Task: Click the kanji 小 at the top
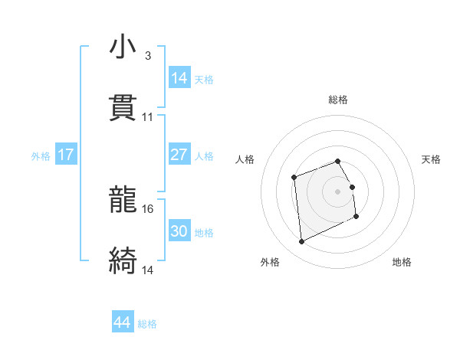point(123,47)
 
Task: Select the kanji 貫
point(123,108)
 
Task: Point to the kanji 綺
point(123,260)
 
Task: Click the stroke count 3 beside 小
point(147,56)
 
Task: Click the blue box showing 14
point(179,78)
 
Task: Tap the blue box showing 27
point(179,155)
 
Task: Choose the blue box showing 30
point(179,231)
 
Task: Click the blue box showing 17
point(66,155)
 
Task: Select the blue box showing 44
point(123,322)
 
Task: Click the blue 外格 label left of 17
point(41,156)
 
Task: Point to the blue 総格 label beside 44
point(147,324)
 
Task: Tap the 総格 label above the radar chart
point(338,100)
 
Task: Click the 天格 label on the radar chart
point(431,159)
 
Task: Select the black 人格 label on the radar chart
point(245,159)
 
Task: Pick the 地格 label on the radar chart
point(402,262)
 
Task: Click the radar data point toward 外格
point(302,242)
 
